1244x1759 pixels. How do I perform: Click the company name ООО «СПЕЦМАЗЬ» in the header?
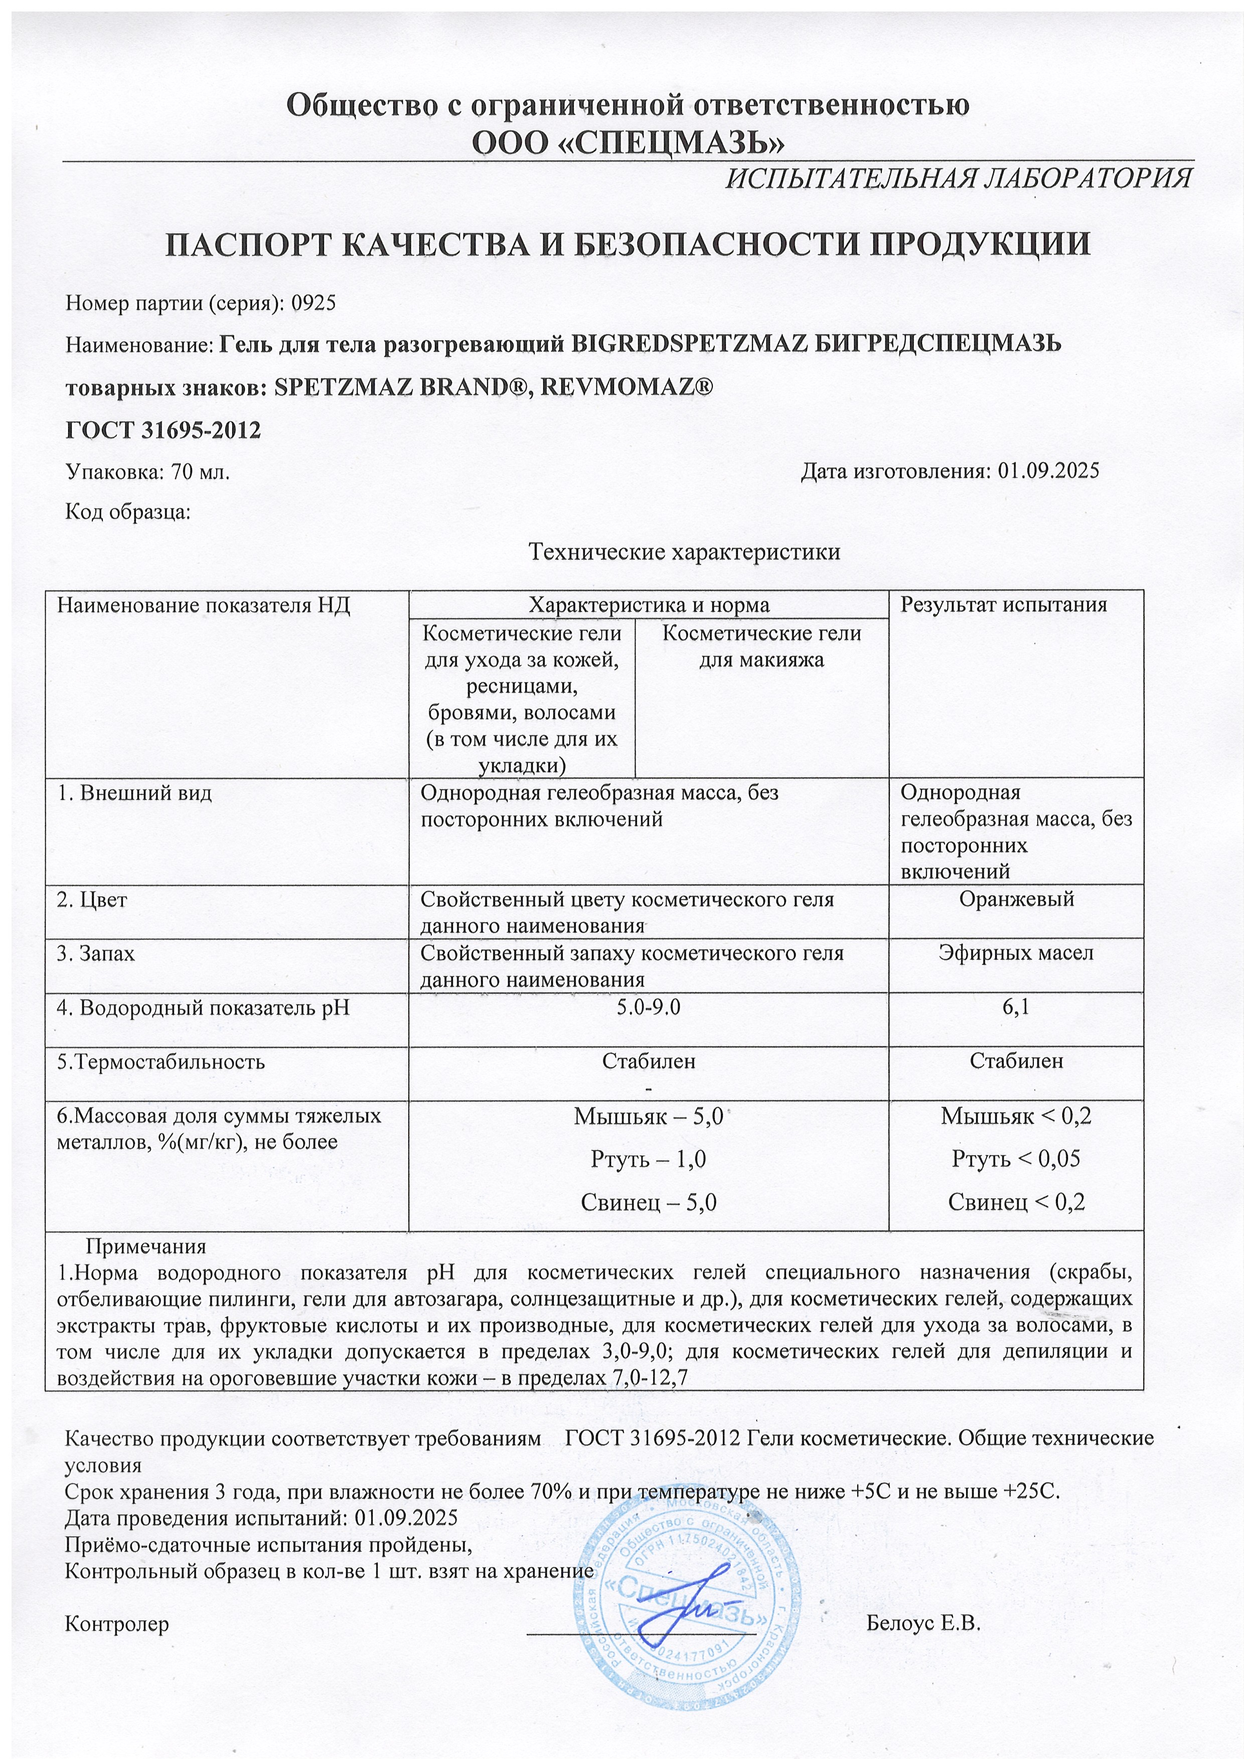point(628,143)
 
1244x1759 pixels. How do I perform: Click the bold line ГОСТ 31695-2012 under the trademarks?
point(163,430)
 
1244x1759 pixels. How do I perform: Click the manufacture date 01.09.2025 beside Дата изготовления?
point(1048,470)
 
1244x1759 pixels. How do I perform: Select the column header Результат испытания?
point(1003,604)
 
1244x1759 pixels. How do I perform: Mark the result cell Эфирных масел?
point(1016,953)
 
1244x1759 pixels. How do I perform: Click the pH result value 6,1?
point(1016,1007)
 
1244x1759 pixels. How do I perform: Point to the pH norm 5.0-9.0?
point(649,1007)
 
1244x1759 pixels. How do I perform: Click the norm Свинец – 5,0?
point(649,1202)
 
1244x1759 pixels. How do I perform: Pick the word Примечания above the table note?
point(145,1247)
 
